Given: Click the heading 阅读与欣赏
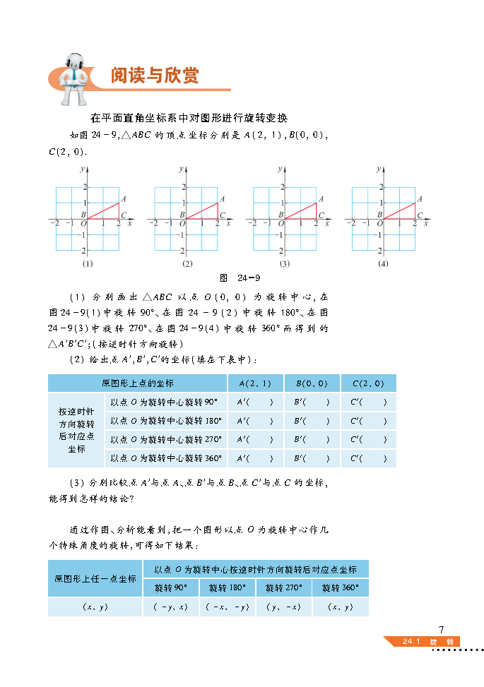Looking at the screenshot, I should (155, 76).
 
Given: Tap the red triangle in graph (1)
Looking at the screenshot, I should (107, 213).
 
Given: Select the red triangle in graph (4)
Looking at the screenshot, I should (403, 213).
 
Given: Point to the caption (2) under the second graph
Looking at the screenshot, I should (187, 263).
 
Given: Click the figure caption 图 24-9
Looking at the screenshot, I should (241, 277).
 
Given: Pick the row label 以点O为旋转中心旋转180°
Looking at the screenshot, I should (165, 421).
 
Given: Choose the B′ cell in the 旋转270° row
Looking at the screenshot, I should (312, 439).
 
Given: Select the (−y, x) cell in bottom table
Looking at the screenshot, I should (170, 607).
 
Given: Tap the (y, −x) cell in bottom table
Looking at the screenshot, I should (283, 607).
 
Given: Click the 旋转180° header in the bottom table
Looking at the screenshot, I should (226, 587).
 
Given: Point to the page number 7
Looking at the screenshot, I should (442, 629).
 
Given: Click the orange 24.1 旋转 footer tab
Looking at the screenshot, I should (422, 642).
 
